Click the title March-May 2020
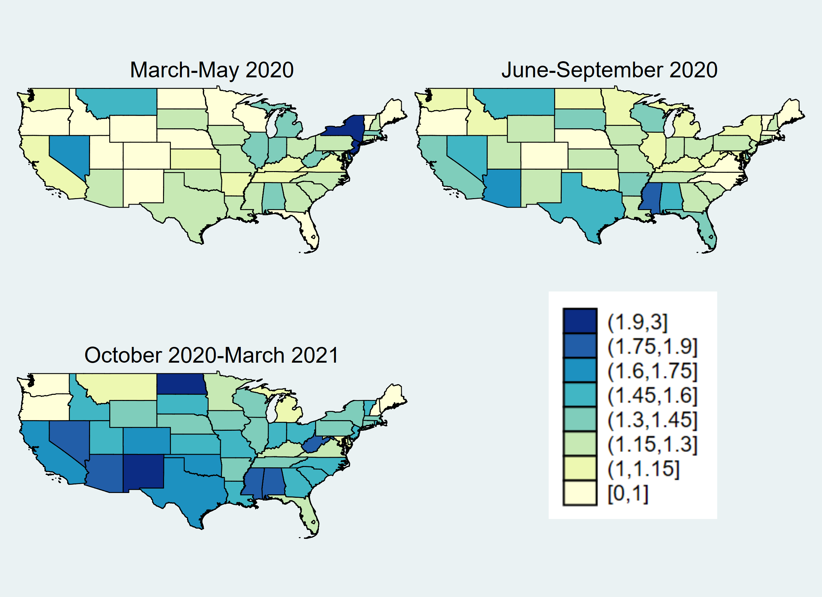pos(212,70)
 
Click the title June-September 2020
pos(609,70)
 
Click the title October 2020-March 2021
pos(211,355)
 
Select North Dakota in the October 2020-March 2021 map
pos(181,384)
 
